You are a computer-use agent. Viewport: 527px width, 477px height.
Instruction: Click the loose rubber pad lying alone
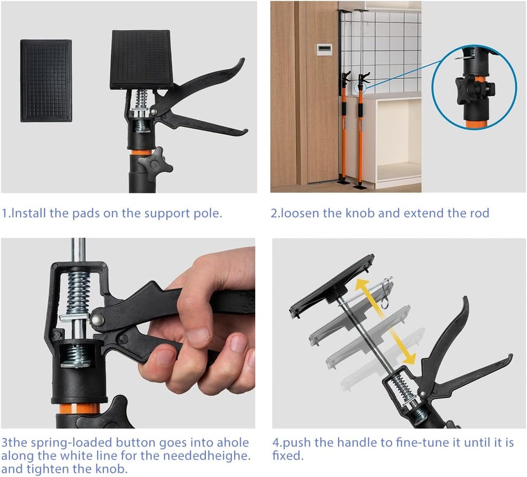coord(46,81)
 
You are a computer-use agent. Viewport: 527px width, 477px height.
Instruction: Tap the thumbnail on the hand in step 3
coord(198,336)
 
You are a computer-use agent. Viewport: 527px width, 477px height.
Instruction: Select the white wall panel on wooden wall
coord(324,49)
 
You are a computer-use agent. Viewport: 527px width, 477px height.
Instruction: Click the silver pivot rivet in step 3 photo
coord(98,319)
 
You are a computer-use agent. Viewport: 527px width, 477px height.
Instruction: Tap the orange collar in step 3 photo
coord(79,409)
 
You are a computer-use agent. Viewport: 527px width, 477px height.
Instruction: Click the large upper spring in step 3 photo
coord(79,292)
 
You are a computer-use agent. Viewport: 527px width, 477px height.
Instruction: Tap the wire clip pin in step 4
coord(387,290)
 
